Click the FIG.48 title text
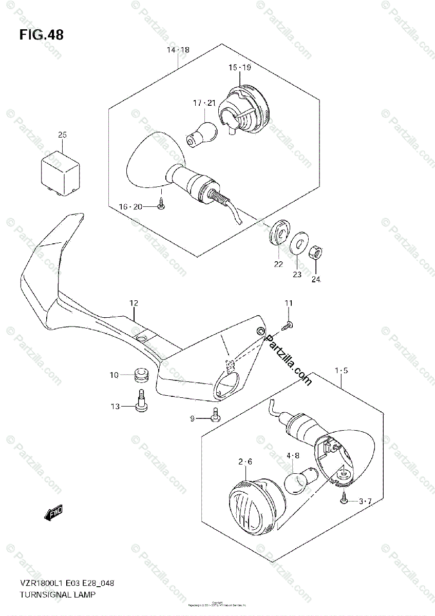click(42, 35)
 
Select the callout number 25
click(62, 135)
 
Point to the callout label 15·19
click(239, 68)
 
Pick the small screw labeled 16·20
click(161, 205)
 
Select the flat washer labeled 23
click(296, 245)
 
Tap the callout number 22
click(278, 265)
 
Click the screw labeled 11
click(288, 324)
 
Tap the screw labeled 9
click(216, 415)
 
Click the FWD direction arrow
click(53, 512)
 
